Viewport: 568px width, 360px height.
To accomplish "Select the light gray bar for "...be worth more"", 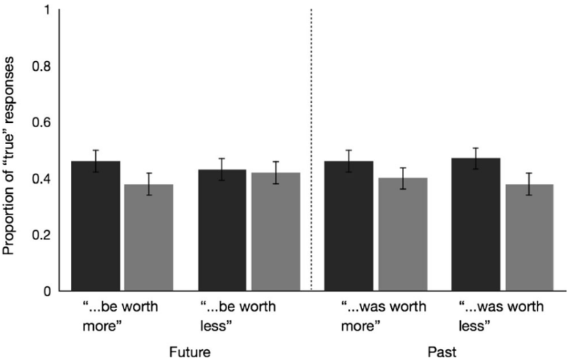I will [148, 237].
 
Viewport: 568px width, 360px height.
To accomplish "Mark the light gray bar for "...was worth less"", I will [529, 237].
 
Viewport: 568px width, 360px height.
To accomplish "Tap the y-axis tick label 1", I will [46, 11].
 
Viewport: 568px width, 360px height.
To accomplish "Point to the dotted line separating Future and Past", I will [312, 142].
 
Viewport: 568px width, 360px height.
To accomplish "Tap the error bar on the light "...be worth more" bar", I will [148, 184].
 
